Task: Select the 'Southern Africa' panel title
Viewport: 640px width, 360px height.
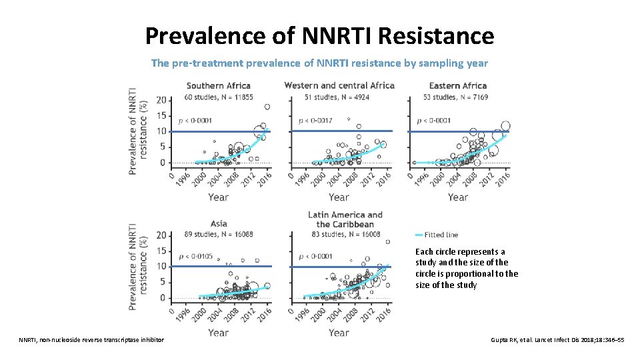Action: coord(218,85)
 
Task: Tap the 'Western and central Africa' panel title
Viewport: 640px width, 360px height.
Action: coord(339,85)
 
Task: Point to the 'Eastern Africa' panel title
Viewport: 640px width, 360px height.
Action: coord(457,85)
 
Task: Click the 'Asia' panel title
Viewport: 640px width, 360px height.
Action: coord(218,224)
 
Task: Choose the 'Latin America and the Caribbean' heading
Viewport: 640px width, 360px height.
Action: coord(345,219)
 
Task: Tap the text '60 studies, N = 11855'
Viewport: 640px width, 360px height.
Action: coord(219,97)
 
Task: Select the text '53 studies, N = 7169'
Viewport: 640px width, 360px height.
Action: coord(455,97)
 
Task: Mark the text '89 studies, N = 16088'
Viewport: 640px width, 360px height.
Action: coord(218,235)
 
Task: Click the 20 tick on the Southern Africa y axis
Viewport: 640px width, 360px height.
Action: coord(161,100)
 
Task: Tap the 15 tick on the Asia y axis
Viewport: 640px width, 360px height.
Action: coord(161,251)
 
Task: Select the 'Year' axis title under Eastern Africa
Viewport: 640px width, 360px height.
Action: coord(457,197)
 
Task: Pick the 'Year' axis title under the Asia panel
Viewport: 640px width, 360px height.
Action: coord(218,333)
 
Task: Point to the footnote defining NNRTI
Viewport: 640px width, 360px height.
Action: coord(91,340)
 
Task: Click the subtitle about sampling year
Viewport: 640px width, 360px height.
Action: coord(319,63)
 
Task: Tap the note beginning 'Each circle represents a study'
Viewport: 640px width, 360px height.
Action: coord(466,269)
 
